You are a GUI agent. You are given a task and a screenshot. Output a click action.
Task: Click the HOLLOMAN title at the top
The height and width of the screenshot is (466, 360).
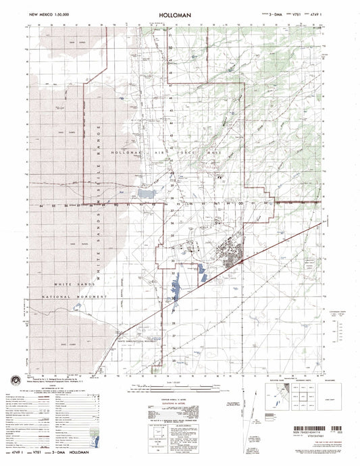tap(180, 12)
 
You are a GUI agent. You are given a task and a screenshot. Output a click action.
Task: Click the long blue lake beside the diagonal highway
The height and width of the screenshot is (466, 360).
tap(174, 288)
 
